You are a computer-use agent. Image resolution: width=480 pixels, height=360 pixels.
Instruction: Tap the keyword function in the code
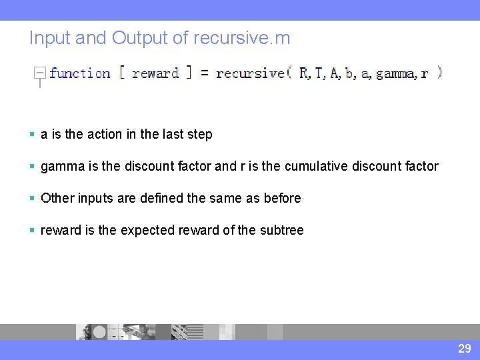(80, 73)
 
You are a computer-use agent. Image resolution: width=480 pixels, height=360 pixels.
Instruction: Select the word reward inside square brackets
(155, 73)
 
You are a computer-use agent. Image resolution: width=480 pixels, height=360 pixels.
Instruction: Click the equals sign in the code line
(204, 73)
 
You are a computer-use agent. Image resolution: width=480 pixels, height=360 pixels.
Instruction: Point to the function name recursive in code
(250, 73)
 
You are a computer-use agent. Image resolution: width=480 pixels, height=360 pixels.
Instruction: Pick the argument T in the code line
(318, 73)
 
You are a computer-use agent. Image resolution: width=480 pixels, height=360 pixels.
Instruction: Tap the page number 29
(464, 349)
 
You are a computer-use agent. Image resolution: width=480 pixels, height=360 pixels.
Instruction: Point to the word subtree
(281, 230)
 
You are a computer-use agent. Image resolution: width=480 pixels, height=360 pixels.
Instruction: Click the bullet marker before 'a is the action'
(33, 135)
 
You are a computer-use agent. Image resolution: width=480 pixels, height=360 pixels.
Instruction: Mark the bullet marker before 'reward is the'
(33, 231)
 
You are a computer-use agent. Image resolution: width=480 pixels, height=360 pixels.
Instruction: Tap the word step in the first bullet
(200, 135)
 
